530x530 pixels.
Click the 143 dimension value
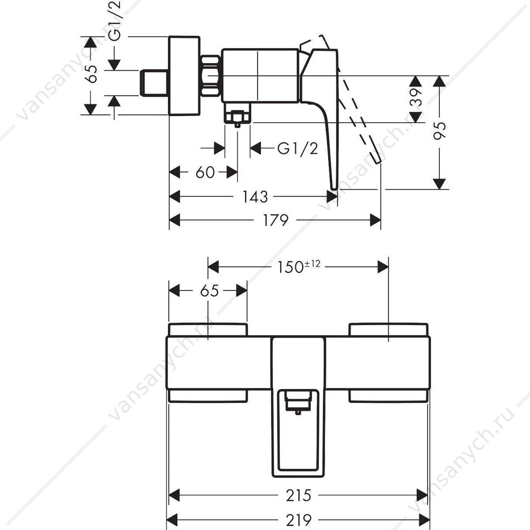pos(255,197)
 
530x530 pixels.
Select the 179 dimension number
pos(276,220)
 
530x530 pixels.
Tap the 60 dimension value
pos(205,173)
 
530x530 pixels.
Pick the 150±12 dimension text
pos(299,267)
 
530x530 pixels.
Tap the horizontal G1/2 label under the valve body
pos(298,149)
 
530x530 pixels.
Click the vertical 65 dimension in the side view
pos(91,74)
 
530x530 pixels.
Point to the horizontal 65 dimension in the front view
pos(209,291)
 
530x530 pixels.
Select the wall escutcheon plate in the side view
pos(184,76)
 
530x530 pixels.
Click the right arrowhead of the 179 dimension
pos(375,220)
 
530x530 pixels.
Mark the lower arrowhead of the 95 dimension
pos(439,184)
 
